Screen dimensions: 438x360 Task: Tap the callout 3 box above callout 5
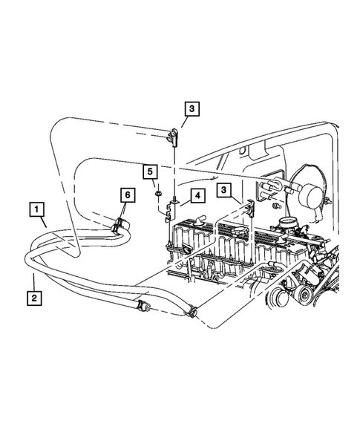(191, 110)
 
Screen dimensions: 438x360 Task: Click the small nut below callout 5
(159, 195)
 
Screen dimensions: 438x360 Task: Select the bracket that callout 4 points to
(170, 211)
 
